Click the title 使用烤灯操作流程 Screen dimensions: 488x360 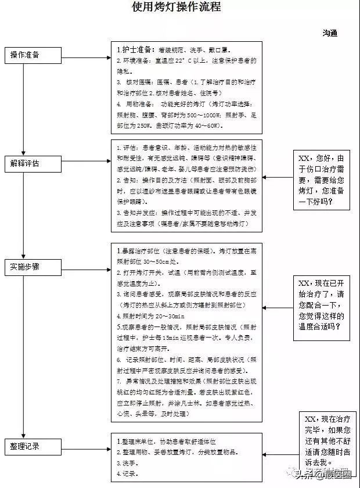coord(177,8)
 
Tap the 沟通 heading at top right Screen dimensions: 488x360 coord(330,33)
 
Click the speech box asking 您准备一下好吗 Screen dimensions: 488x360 coord(323,181)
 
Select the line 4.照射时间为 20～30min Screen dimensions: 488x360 coord(150,316)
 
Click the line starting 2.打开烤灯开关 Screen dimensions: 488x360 coord(186,272)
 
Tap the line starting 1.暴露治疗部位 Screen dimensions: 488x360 coord(186,252)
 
